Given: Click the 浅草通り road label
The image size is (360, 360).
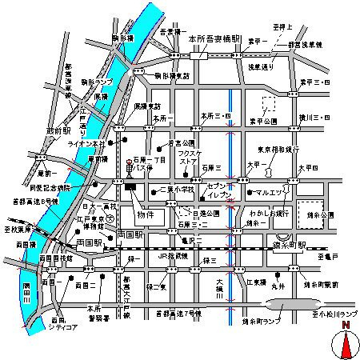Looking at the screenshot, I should tap(260, 66).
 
